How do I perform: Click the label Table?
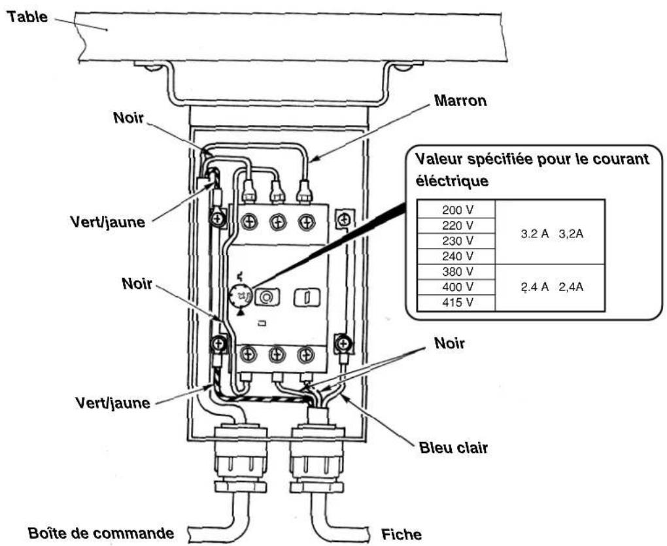click(x=27, y=16)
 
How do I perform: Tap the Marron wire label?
click(x=460, y=101)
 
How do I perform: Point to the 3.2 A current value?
click(x=535, y=234)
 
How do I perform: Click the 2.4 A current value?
click(x=535, y=287)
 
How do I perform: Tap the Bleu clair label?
click(x=453, y=448)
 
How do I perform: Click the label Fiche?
click(x=401, y=534)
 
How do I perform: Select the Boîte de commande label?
click(x=101, y=533)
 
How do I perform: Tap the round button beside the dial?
click(x=267, y=297)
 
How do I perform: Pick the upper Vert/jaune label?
click(x=108, y=222)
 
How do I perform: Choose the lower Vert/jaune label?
click(x=112, y=402)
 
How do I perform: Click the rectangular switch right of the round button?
click(x=307, y=298)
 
